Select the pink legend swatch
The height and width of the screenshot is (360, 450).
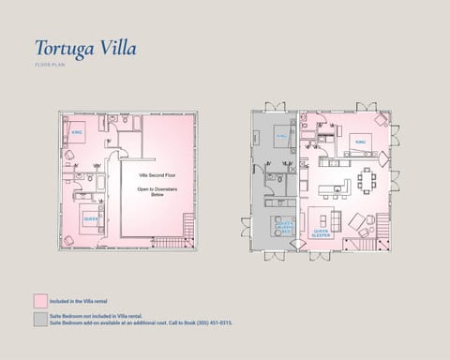tap(39, 301)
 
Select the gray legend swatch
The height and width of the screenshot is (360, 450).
tap(39, 321)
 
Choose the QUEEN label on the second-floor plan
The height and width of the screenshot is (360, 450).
tap(90, 218)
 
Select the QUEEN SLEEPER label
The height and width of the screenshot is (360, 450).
tap(322, 232)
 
